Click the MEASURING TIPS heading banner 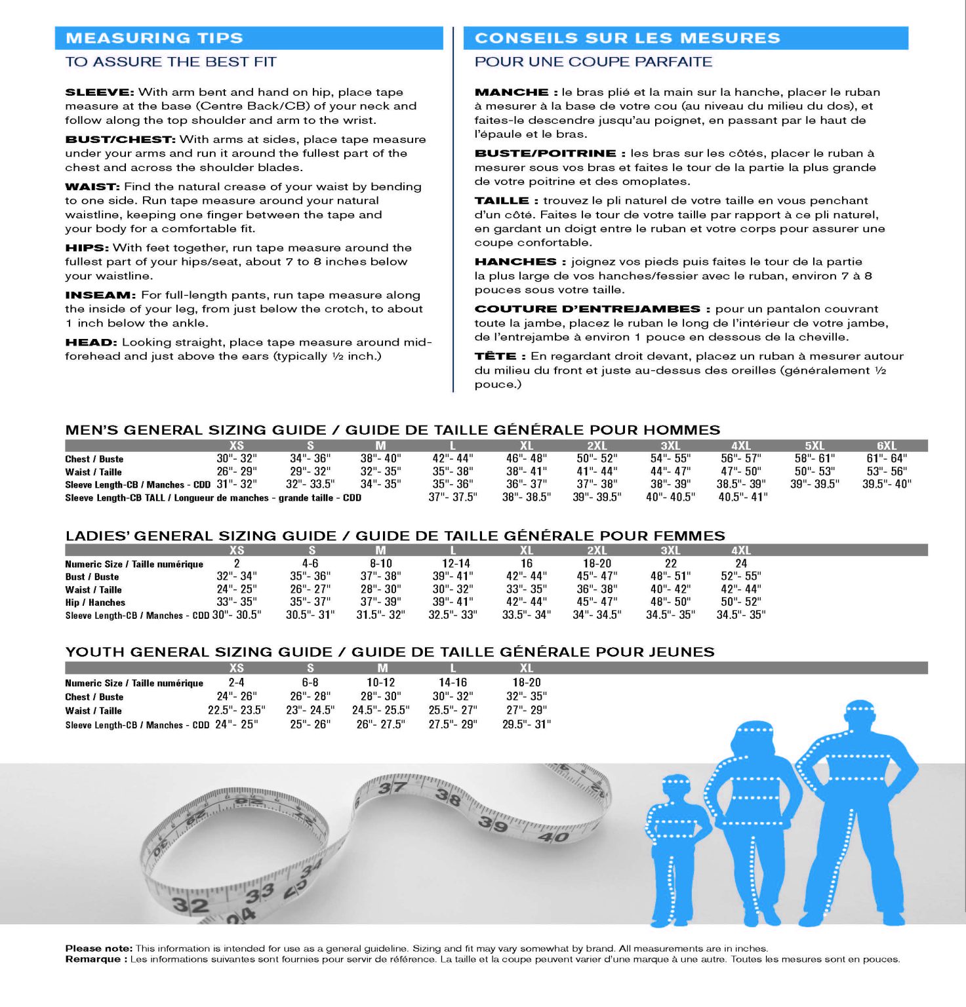point(154,38)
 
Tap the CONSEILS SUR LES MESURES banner point(627,38)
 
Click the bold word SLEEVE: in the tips point(100,92)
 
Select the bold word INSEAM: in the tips point(100,295)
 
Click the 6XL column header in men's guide point(886,446)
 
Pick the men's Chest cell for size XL point(526,458)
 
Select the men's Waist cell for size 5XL point(814,471)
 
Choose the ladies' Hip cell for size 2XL point(597,602)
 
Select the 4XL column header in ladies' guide point(741,551)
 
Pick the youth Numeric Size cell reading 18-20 point(526,682)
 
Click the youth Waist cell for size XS point(236,710)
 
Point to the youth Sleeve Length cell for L point(453,724)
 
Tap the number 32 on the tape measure point(190,905)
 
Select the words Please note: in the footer point(98,949)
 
